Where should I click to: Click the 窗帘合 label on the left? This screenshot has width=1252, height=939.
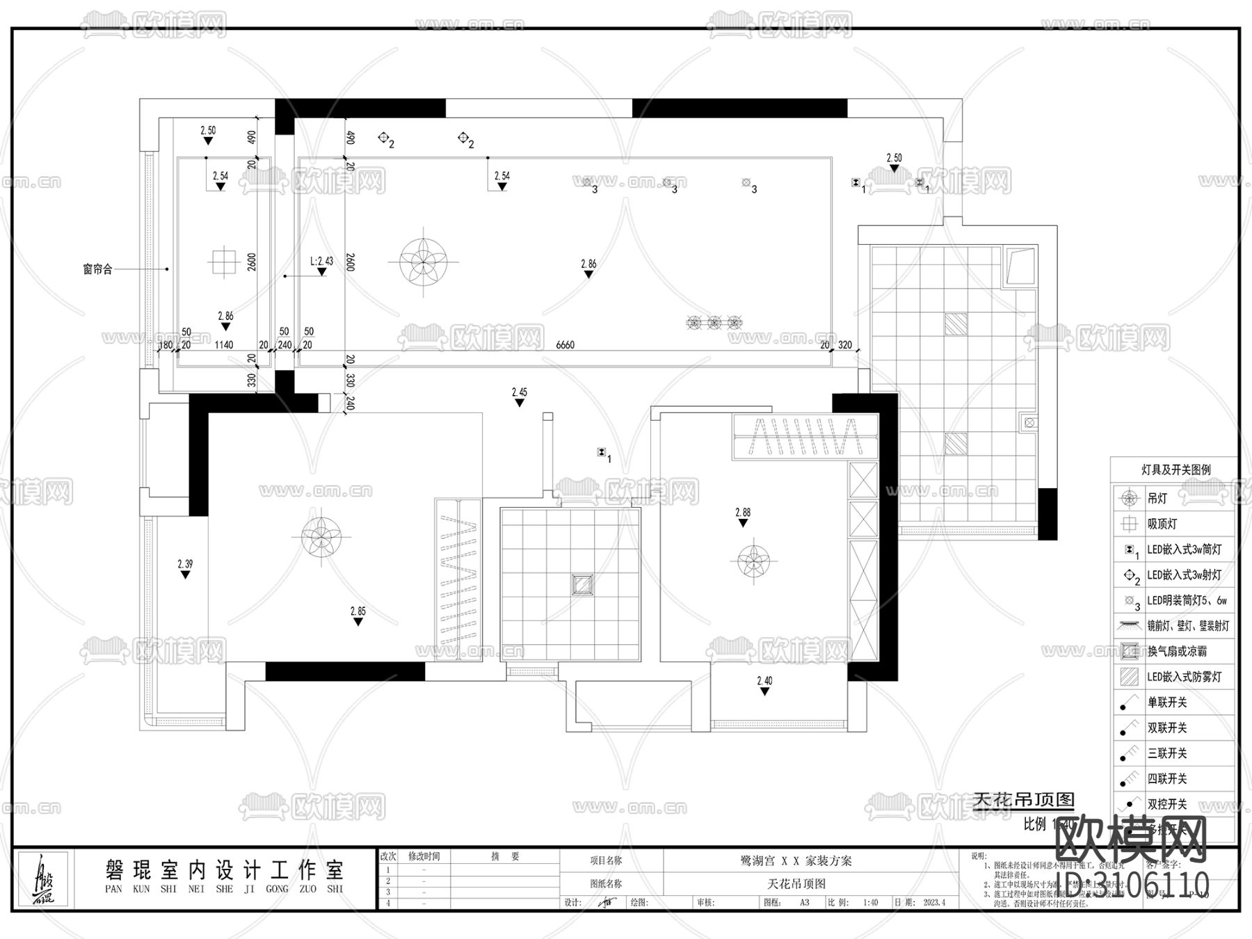pos(97,269)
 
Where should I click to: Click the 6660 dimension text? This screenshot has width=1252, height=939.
pos(565,344)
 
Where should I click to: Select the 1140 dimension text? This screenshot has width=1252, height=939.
pos(223,344)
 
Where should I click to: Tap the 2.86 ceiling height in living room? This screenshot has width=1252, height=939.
pos(588,264)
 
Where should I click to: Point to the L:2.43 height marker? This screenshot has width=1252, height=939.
pos(321,262)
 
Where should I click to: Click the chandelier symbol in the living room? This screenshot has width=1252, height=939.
pos(424,262)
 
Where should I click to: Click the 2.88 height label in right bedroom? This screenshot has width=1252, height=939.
pos(743,513)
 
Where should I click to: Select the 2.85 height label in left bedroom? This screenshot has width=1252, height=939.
pos(358,612)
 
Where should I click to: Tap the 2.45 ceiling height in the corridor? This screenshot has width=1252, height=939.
pos(519,392)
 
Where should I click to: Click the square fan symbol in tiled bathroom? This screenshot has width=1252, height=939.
pos(582,584)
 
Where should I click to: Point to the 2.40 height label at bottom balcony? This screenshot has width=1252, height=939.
pos(764,681)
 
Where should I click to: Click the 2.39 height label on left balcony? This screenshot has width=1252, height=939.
pos(185,564)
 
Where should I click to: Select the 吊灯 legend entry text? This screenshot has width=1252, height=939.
pos(1157,498)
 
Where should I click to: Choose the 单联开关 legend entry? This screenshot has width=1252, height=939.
pos(1166,703)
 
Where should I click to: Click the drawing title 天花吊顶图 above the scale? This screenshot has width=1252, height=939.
pos(1023,800)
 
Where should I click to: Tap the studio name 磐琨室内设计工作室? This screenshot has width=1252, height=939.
pos(224,869)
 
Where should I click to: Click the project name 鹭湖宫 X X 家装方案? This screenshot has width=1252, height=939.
pos(796,860)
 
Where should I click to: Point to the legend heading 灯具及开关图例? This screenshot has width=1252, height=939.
pos(1175,469)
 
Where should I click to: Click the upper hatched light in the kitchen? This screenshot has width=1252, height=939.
pos(956,323)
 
